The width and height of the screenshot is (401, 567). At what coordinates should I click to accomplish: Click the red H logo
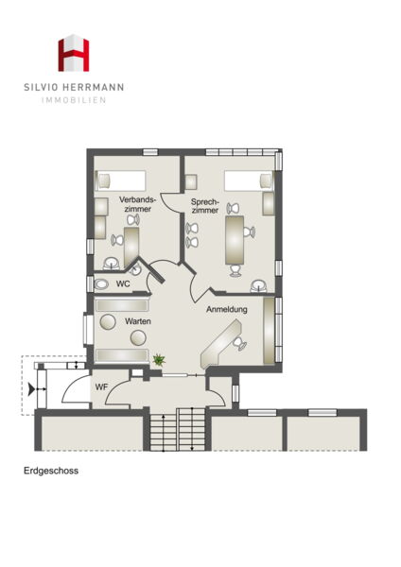tap(74, 53)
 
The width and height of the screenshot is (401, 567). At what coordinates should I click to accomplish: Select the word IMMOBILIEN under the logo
tap(74, 100)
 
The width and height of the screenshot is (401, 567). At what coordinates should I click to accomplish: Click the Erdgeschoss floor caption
tap(51, 471)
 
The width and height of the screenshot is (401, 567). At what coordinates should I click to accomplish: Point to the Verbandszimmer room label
tap(137, 204)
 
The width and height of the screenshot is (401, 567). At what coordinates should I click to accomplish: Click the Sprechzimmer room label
tap(205, 206)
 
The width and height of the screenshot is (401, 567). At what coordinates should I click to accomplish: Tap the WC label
tap(123, 283)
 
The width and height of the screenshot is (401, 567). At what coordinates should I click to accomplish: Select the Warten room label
tap(138, 321)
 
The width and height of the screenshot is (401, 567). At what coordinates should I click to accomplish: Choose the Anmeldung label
tap(227, 310)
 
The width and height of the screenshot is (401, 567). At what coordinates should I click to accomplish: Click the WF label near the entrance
tap(102, 387)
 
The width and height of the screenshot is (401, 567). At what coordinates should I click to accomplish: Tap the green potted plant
tap(159, 359)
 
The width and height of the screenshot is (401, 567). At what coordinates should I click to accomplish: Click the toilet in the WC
tap(101, 284)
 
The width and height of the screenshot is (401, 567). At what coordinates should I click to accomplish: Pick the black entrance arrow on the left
tap(31, 389)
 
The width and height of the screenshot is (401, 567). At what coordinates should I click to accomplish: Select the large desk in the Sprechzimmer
tap(235, 240)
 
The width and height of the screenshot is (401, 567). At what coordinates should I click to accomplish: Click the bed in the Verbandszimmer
tap(120, 180)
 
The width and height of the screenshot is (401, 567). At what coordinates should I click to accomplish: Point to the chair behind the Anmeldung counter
tap(240, 344)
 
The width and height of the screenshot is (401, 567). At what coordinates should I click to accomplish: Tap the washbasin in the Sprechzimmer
tap(259, 286)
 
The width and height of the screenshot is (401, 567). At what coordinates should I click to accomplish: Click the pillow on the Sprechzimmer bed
tap(266, 180)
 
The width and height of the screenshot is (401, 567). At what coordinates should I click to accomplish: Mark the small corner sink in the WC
tap(135, 268)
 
